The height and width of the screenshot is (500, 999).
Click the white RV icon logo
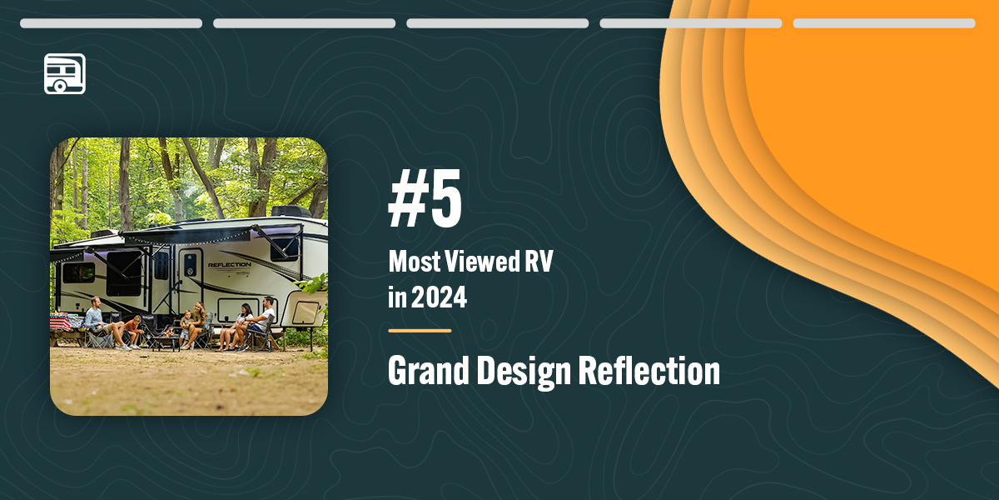pyautogui.click(x=65, y=73)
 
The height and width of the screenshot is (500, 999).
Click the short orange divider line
pyautogui.click(x=420, y=331)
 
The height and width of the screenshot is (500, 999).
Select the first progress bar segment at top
pyautogui.click(x=112, y=23)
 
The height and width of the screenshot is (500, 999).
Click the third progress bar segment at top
pyautogui.click(x=498, y=23)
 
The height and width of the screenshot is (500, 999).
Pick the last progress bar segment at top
pyautogui.click(x=884, y=23)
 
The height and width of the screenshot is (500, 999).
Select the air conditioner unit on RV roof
pyautogui.click(x=290, y=212)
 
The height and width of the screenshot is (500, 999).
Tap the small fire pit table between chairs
pyautogui.click(x=164, y=340)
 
